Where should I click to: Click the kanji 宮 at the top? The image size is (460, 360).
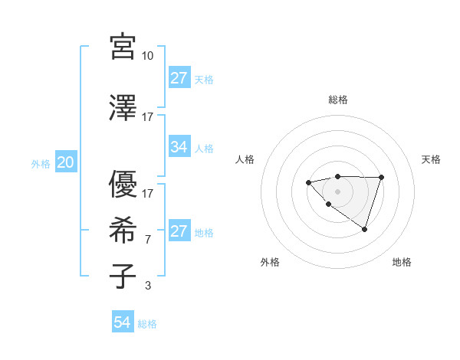click(123, 47)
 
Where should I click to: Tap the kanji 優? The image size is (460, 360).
click(123, 184)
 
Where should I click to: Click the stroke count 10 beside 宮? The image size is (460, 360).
click(148, 56)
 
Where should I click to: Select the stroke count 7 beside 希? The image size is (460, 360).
click(148, 240)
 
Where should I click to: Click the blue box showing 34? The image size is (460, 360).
click(179, 147)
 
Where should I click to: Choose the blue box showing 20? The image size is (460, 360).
click(65, 162)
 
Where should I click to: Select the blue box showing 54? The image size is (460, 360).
click(123, 322)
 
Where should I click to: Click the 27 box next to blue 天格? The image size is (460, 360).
click(179, 78)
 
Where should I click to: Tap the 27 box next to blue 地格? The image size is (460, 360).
click(179, 231)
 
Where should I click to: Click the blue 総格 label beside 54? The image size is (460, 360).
click(147, 324)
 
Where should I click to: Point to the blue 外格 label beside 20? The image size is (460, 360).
click(41, 163)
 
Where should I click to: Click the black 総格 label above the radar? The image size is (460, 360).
click(338, 100)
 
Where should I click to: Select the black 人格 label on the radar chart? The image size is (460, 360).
click(245, 159)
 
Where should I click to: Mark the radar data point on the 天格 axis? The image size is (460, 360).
click(381, 178)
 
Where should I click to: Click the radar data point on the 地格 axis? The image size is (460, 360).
click(365, 229)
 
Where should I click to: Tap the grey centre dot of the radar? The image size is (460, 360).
click(337, 191)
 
